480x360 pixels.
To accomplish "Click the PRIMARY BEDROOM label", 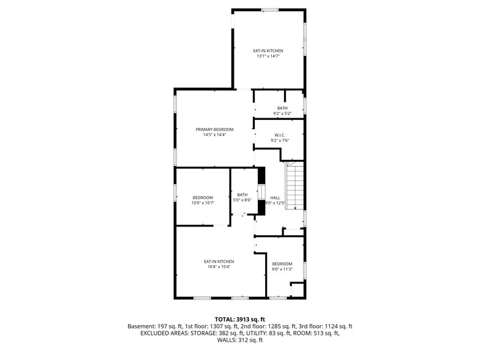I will click(214, 129).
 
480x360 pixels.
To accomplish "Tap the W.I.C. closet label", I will click(280, 135).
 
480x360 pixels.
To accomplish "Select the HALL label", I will click(276, 197).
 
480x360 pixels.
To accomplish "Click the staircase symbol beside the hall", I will click(295, 186).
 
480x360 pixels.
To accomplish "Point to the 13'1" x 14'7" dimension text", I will click(268, 56).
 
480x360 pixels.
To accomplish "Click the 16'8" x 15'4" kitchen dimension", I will click(219, 267).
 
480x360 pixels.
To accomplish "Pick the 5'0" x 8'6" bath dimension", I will click(242, 200).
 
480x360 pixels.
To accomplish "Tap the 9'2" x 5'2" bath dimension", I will click(282, 113).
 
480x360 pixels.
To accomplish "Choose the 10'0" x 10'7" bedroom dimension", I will click(203, 203).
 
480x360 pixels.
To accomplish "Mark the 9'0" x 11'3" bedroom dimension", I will click(282, 269).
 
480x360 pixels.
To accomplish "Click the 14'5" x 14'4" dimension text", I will click(214, 135).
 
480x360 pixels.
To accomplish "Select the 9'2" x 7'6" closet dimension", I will click(280, 140).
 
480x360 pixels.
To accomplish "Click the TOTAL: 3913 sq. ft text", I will click(239, 319).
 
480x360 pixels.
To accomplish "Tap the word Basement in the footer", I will click(141, 326).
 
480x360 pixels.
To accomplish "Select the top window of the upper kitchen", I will click(270, 9).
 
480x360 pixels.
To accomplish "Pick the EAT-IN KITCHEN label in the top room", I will click(268, 50).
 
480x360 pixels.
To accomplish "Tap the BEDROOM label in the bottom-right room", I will click(282, 263).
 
